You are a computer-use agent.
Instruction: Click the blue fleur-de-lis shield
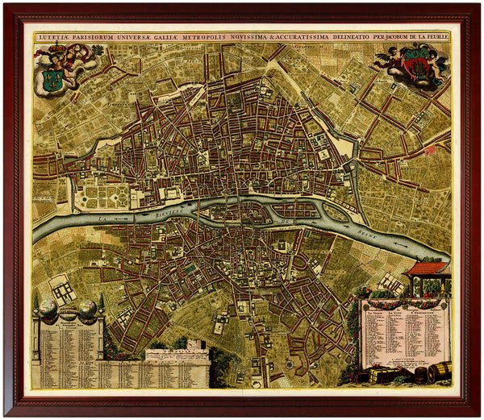55,79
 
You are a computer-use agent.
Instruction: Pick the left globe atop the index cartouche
48,307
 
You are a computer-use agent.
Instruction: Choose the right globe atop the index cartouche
86,307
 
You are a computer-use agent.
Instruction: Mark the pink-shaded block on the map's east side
430,149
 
